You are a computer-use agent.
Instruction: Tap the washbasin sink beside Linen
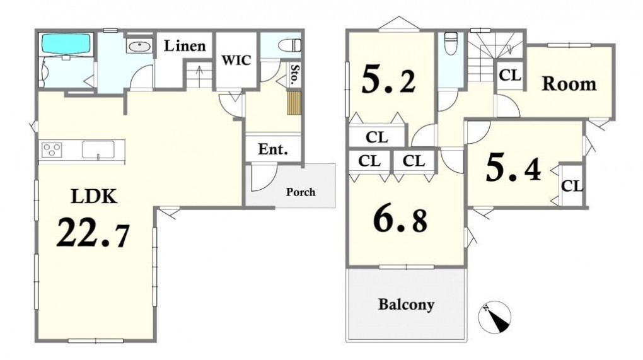tap(139, 46)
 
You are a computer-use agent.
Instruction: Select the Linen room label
tap(185, 46)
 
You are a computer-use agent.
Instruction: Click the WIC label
tap(236, 61)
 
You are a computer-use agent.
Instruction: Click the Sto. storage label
tap(294, 74)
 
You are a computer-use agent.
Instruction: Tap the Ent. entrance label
tap(273, 149)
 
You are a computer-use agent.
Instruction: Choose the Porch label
tap(301, 192)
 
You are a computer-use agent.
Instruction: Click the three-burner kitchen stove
tap(52, 149)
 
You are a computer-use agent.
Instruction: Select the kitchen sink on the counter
tap(98, 149)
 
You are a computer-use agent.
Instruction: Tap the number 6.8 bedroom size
tap(400, 220)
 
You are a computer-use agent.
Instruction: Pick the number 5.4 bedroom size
tap(513, 168)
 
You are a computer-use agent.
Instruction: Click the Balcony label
tap(406, 305)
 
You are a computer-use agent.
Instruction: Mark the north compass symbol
tap(495, 317)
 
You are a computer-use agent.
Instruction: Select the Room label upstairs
tap(569, 84)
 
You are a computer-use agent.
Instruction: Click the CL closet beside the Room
tap(510, 75)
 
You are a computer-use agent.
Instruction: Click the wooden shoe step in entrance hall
tap(294, 103)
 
